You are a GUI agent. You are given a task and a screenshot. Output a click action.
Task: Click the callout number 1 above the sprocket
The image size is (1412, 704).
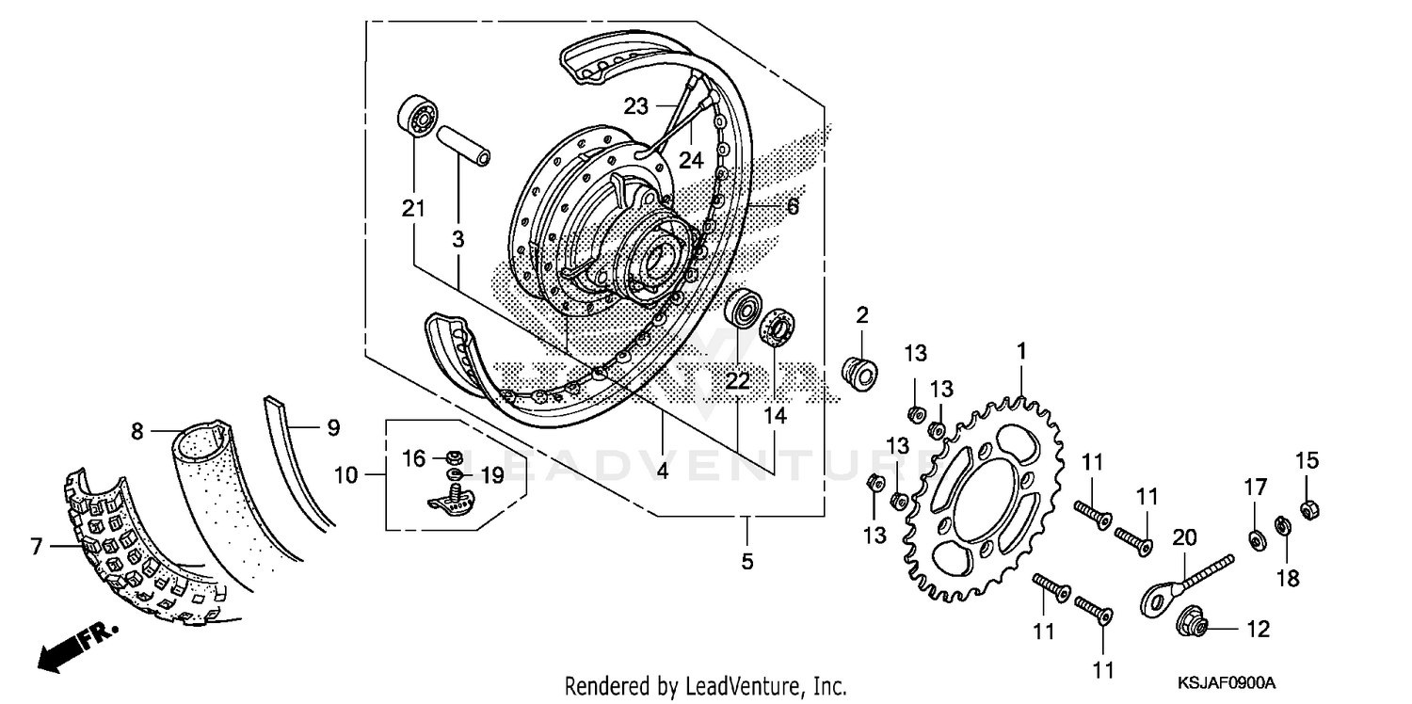pos(1020,352)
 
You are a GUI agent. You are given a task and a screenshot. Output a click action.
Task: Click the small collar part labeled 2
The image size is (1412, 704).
pos(858,371)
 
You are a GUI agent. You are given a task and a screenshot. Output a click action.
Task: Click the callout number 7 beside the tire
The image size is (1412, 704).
pos(37,546)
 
